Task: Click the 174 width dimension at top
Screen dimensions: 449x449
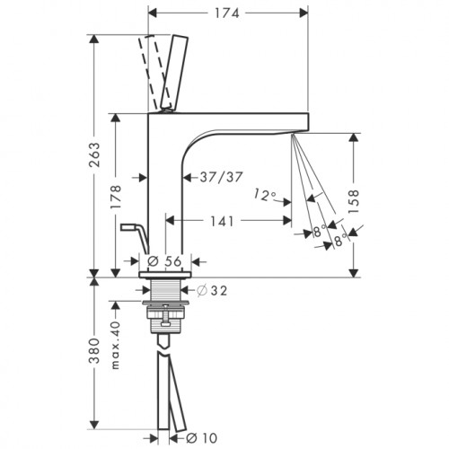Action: pyautogui.click(x=227, y=13)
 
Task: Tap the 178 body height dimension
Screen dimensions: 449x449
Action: pyautogui.click(x=116, y=197)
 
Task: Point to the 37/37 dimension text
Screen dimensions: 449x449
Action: pyautogui.click(x=221, y=177)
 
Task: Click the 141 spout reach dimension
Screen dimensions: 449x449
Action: pyautogui.click(x=222, y=221)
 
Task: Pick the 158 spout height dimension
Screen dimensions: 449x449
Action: pyautogui.click(x=354, y=201)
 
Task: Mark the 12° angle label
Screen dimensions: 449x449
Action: pyautogui.click(x=265, y=195)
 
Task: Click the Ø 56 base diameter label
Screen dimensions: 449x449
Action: pyautogui.click(x=164, y=261)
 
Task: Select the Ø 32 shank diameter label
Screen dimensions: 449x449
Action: pyautogui.click(x=212, y=290)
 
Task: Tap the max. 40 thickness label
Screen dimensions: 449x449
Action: pyautogui.click(x=116, y=345)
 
